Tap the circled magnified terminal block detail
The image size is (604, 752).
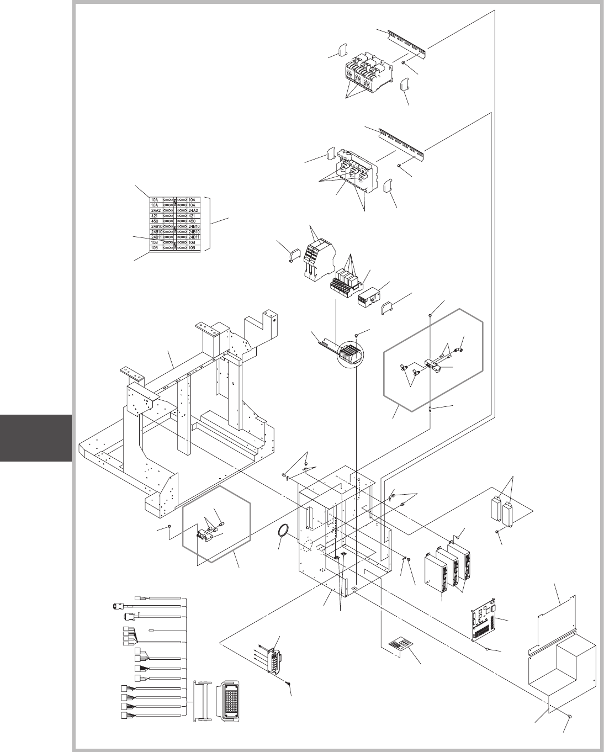tap(351, 353)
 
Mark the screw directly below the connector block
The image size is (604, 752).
tap(288, 685)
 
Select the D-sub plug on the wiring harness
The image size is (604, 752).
tap(118, 606)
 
